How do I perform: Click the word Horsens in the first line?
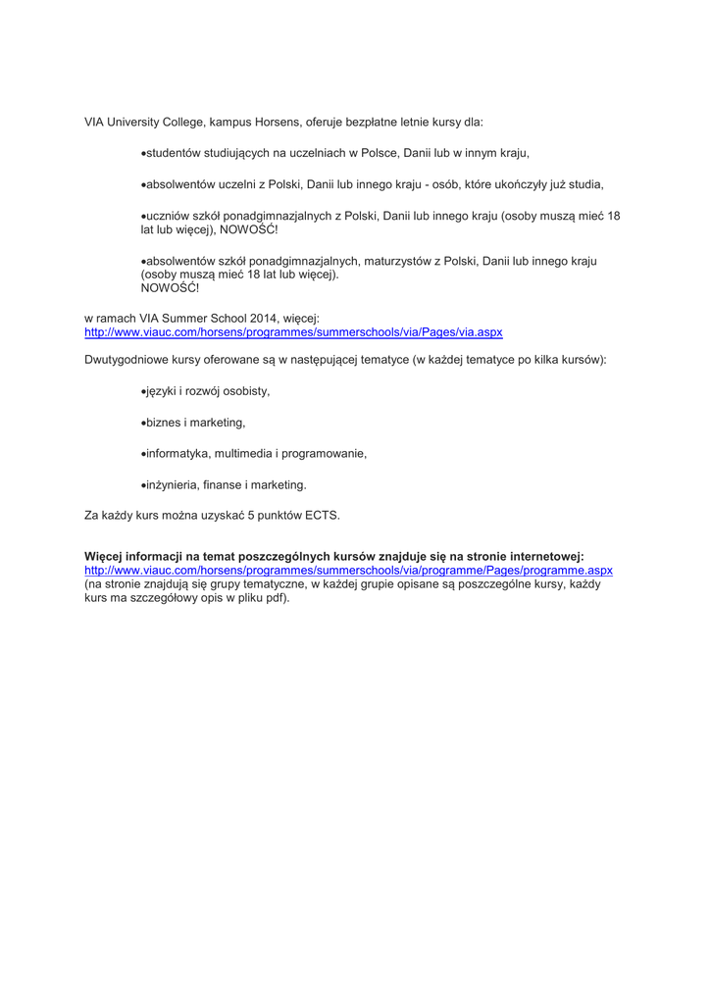click(279, 123)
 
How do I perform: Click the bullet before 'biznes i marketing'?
click(144, 423)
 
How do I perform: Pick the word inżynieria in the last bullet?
click(173, 484)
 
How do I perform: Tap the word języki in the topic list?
click(163, 391)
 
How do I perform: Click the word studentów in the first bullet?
click(175, 153)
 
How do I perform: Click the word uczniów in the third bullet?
click(168, 216)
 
